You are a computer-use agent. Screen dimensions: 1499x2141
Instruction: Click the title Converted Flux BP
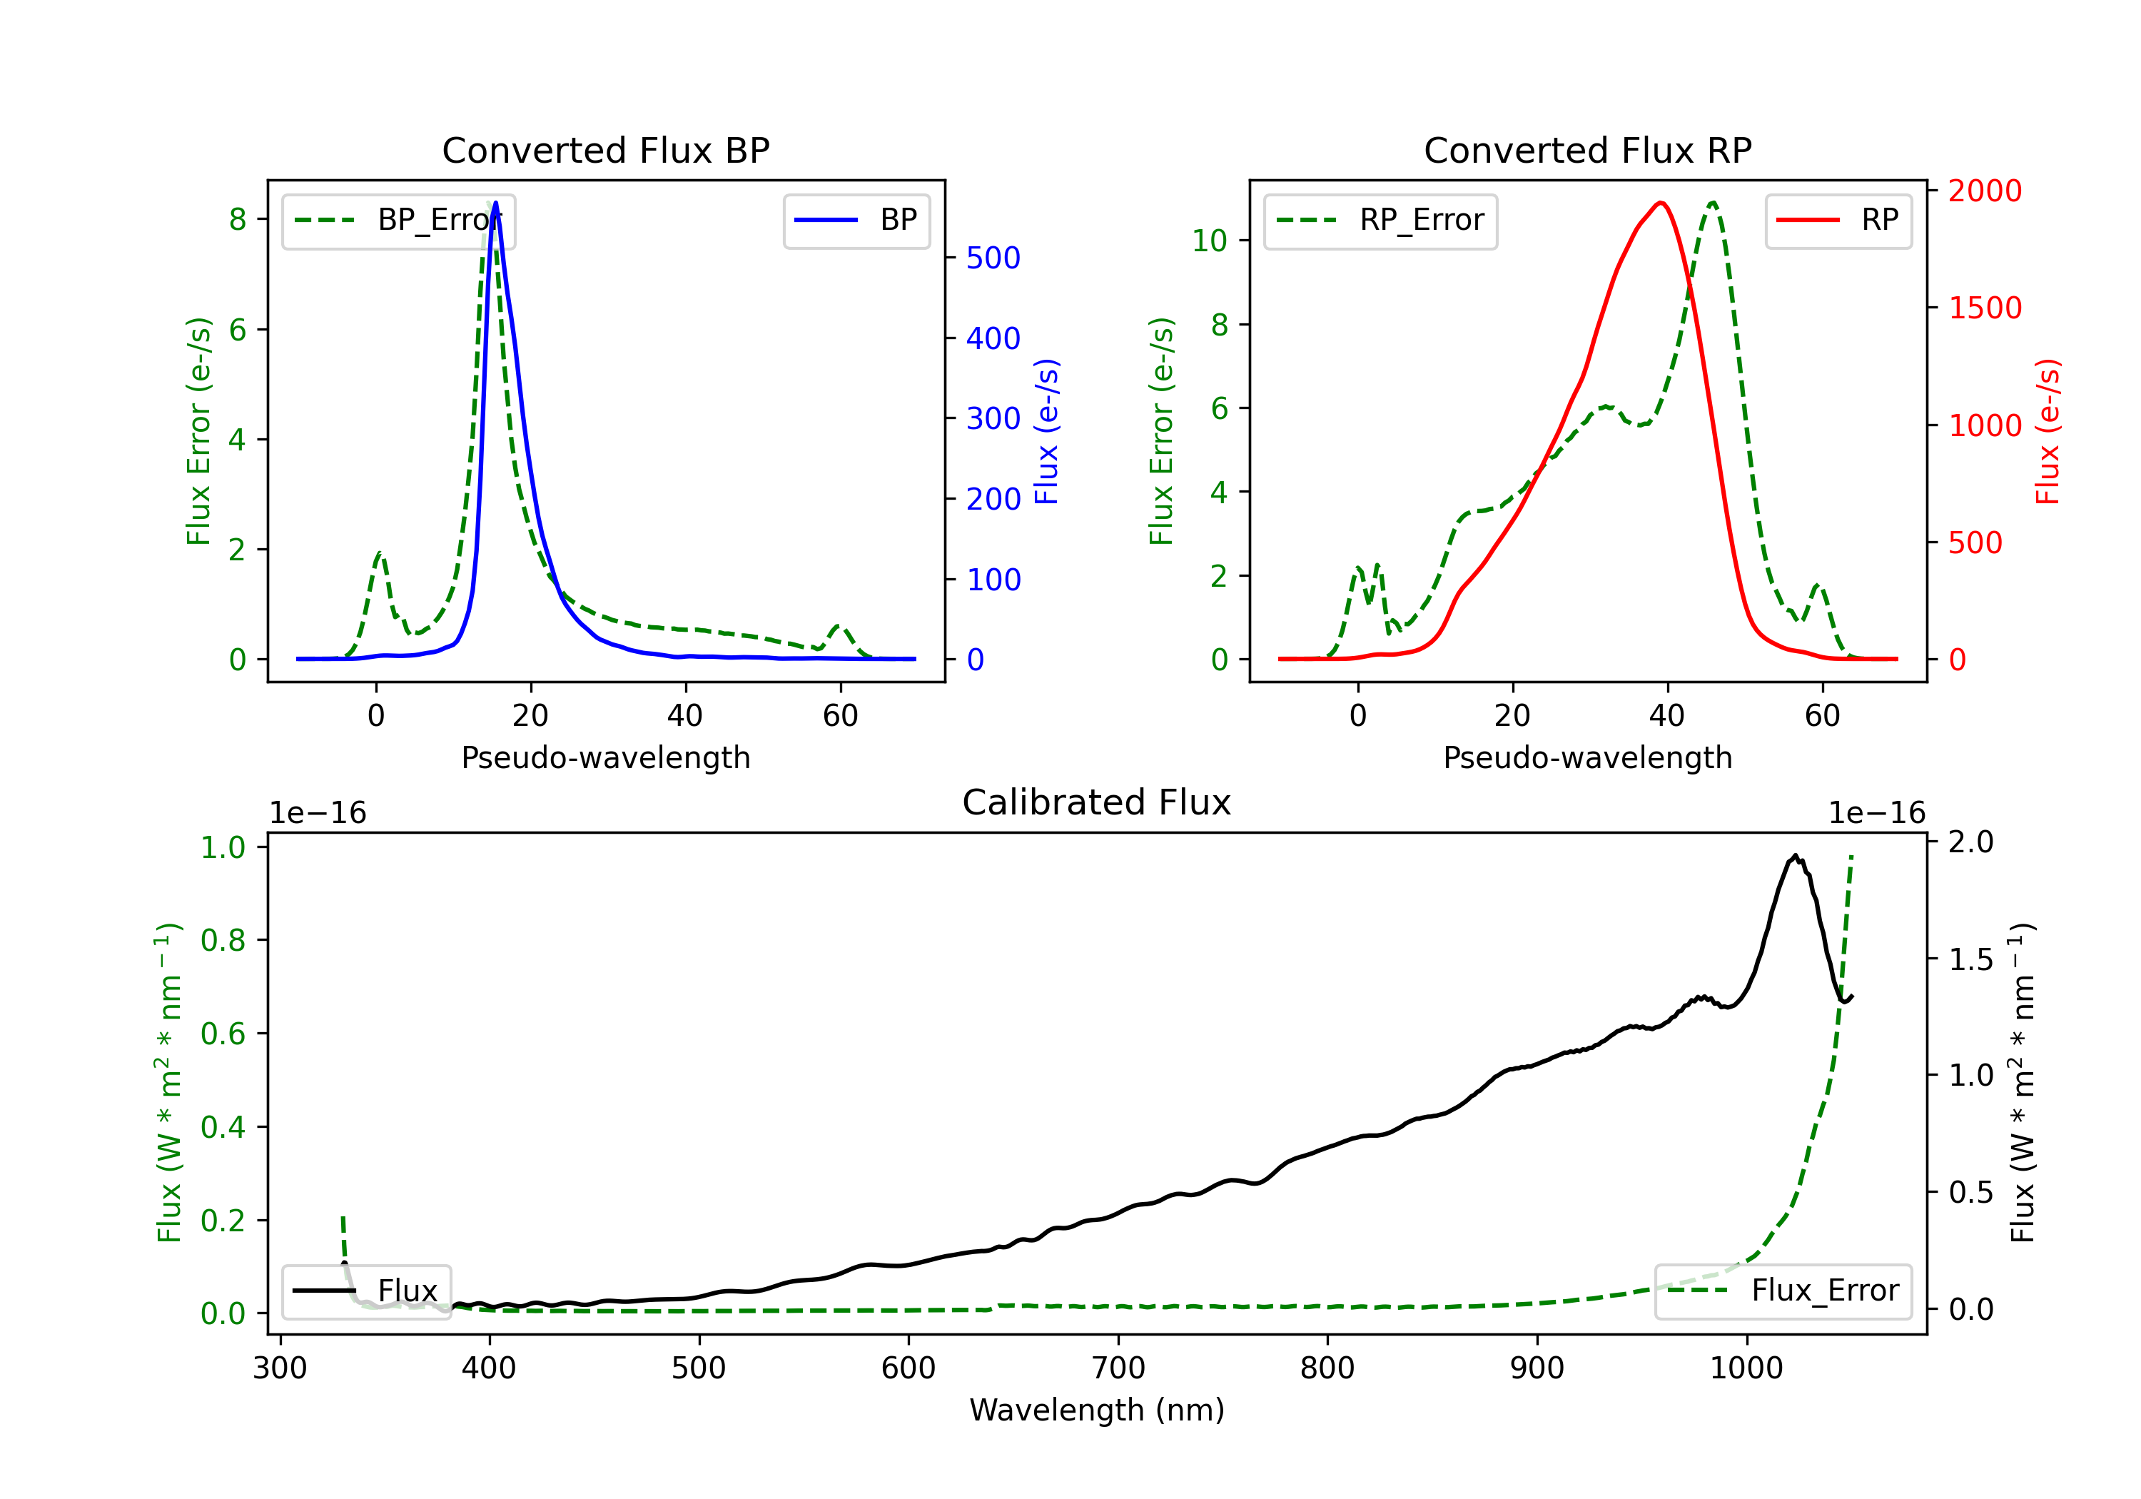605,150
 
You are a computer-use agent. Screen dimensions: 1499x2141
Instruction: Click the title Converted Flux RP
1587,150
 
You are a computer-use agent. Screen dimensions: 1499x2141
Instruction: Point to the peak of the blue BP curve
495,203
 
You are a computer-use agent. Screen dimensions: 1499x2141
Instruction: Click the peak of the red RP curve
1661,203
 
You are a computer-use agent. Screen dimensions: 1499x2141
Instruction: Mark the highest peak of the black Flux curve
1795,854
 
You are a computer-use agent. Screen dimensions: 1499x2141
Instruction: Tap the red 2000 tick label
1984,191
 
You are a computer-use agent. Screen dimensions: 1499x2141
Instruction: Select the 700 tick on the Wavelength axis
1118,1368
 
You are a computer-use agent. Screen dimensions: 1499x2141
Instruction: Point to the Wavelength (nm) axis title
1097,1410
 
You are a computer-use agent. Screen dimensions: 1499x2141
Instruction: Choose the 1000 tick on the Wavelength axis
1746,1368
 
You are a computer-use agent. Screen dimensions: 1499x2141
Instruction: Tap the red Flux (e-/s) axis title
2047,431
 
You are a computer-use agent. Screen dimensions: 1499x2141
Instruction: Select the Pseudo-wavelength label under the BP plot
605,757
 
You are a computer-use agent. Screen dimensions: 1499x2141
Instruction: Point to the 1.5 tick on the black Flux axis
1970,959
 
